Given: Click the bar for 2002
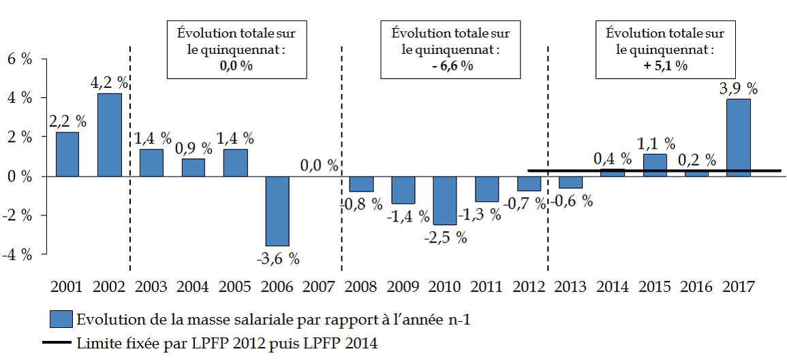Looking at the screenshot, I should pos(110,135).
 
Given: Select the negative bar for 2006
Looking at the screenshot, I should pos(277,211).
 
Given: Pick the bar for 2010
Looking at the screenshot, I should pos(445,200).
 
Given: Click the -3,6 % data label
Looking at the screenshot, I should pos(278,258).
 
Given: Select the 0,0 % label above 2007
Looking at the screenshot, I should pos(320,165).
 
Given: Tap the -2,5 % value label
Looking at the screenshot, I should pos(446,237).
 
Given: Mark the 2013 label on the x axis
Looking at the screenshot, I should pos(571,286).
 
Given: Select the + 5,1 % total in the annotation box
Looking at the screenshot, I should pos(664,66).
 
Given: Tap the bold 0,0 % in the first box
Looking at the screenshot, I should pos(236,66).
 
